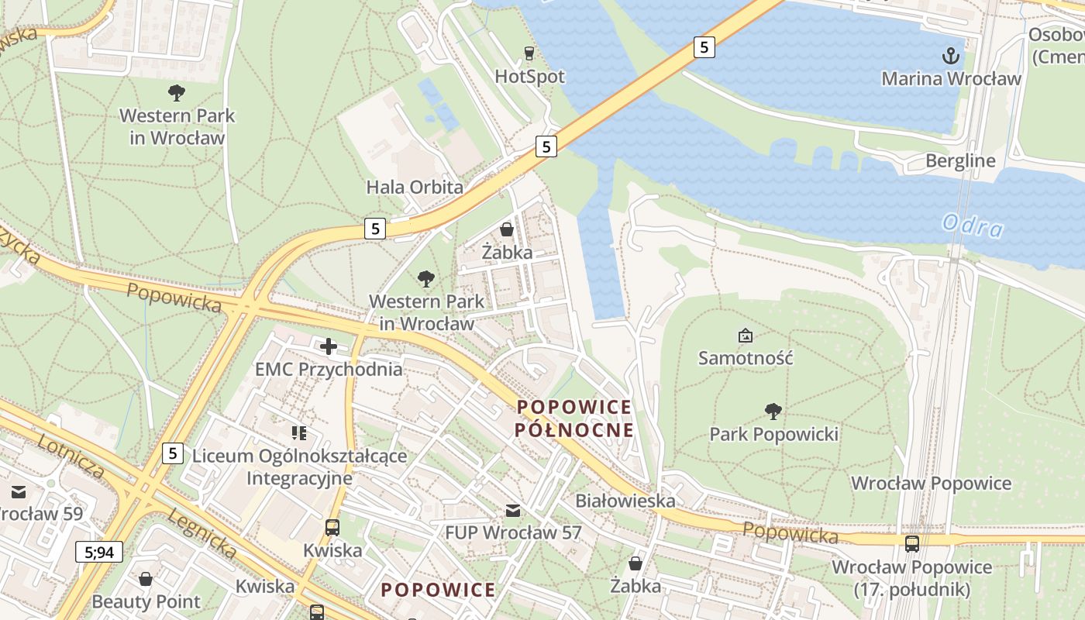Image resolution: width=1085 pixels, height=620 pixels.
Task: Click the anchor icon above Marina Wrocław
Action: click(x=951, y=56)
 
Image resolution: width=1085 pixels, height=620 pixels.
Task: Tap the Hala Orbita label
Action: click(x=415, y=187)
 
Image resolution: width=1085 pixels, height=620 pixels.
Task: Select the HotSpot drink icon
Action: click(x=529, y=53)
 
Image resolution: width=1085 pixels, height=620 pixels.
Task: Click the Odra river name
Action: click(x=973, y=226)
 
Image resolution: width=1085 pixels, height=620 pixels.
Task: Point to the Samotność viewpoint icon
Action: click(x=745, y=336)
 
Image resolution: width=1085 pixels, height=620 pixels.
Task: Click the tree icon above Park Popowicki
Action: click(x=773, y=412)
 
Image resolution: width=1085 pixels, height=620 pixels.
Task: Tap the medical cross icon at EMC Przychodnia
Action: click(x=329, y=346)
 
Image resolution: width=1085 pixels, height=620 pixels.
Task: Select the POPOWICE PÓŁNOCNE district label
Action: click(x=574, y=418)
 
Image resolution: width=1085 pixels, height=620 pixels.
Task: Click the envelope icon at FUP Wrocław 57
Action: click(x=512, y=510)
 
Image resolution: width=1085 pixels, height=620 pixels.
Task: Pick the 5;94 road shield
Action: click(x=99, y=552)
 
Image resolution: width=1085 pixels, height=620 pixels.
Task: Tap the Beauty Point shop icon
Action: click(x=146, y=579)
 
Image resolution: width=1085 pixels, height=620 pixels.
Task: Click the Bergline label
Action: click(x=960, y=161)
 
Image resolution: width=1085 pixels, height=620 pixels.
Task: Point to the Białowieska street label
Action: click(x=625, y=501)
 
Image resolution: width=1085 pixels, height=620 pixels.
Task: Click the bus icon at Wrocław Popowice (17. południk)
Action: click(x=912, y=544)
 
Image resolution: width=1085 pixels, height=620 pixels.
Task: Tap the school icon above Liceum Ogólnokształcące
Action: click(x=299, y=432)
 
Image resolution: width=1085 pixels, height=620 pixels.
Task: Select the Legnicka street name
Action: click(x=201, y=533)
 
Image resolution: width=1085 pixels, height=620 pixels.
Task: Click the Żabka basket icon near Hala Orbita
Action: click(x=507, y=229)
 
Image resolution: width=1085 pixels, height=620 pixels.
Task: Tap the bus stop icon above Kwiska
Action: click(x=332, y=528)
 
